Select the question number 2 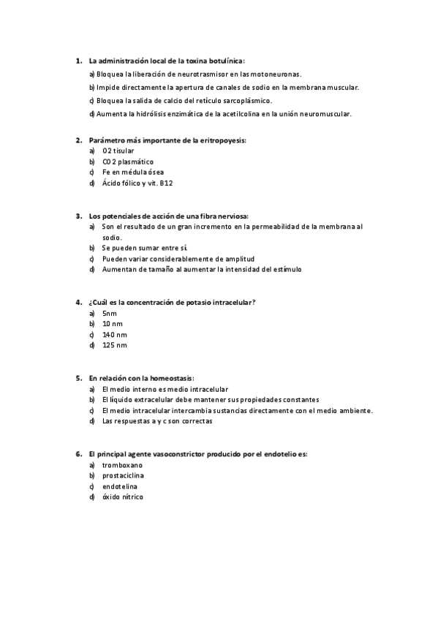(x=78, y=140)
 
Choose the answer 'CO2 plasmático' (x=128, y=162)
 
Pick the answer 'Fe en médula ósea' (x=132, y=173)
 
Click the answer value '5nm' (x=110, y=313)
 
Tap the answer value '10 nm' (x=113, y=323)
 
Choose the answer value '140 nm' (x=115, y=334)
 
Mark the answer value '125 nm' (x=115, y=345)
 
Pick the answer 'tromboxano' (x=122, y=465)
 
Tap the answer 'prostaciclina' (x=125, y=475)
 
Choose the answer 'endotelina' (x=120, y=486)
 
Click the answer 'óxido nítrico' (x=123, y=497)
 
